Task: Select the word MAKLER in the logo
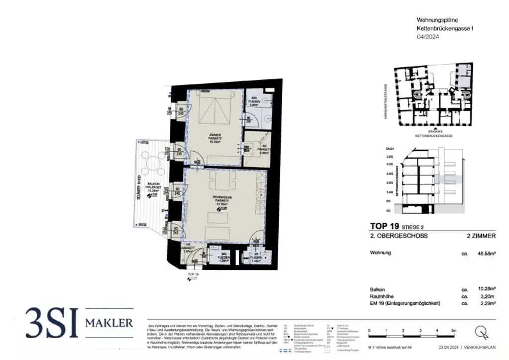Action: (x=110, y=323)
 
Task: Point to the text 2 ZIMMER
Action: (x=482, y=236)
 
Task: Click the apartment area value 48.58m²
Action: (x=486, y=253)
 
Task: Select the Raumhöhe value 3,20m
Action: (x=487, y=295)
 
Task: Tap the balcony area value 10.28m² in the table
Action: (x=486, y=288)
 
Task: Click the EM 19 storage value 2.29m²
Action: (x=487, y=302)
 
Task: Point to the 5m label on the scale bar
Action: (x=453, y=330)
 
